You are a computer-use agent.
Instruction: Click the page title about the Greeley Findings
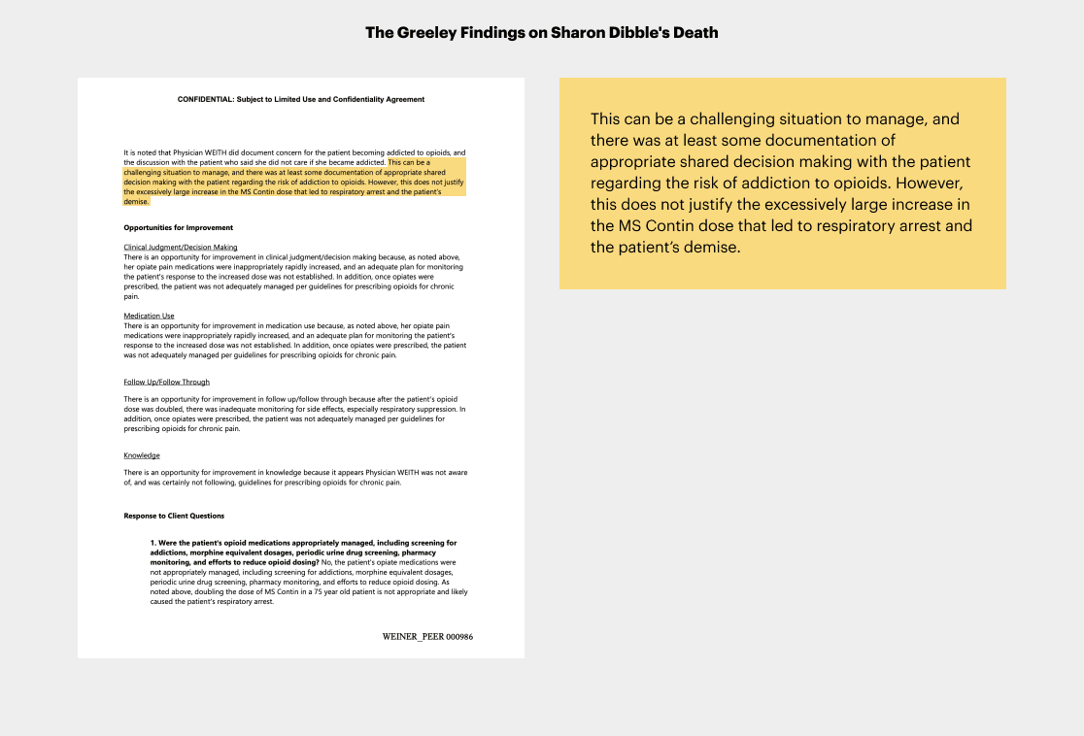pyautogui.click(x=541, y=33)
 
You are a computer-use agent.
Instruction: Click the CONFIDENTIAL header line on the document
pyautogui.click(x=301, y=99)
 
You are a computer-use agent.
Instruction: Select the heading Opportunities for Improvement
pyautogui.click(x=178, y=227)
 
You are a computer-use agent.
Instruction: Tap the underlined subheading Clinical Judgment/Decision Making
pyautogui.click(x=181, y=248)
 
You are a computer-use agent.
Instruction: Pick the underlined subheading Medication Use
pyautogui.click(x=149, y=316)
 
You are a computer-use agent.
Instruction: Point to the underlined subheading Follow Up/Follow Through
pyautogui.click(x=166, y=382)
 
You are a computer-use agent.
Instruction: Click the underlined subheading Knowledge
pyautogui.click(x=142, y=454)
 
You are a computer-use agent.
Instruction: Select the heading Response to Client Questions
pyautogui.click(x=174, y=516)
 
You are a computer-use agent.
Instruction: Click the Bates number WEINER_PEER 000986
pyautogui.click(x=427, y=636)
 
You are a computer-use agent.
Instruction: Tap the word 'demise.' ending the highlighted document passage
pyautogui.click(x=136, y=201)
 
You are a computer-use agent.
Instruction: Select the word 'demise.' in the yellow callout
pyautogui.click(x=713, y=247)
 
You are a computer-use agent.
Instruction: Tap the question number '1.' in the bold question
pyautogui.click(x=153, y=543)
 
